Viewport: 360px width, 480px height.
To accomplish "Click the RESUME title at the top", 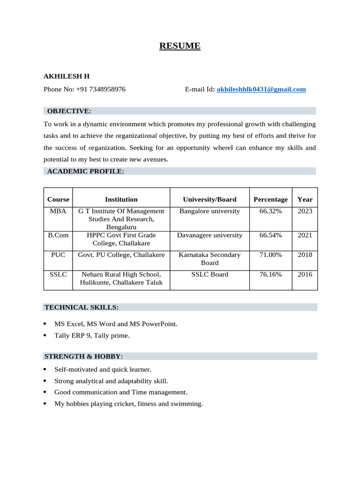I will pos(180,46).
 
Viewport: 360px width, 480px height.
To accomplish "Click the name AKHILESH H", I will pos(67,75).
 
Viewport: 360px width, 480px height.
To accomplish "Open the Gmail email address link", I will pos(261,89).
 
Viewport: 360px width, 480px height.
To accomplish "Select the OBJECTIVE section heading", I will pos(69,111).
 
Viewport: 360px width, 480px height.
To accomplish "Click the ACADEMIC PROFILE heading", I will pos(85,171).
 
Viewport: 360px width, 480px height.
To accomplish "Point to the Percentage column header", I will pos(270,199).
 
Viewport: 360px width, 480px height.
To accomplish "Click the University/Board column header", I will pos(210,199).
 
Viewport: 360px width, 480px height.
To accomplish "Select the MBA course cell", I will pos(58,211).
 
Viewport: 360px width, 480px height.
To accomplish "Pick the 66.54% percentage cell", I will pos(270,235).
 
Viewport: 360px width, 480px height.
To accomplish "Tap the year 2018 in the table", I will pos(305,255).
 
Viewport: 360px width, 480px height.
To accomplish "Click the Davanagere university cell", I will pos(210,235).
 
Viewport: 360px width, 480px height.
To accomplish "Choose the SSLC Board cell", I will pos(210,275).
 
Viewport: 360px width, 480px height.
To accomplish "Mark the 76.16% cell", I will pos(270,275).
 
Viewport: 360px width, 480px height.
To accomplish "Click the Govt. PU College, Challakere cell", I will pos(121,255).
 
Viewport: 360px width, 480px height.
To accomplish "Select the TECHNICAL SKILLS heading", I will pos(82,307).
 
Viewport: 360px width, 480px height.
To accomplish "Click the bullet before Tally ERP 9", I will pos(45,336).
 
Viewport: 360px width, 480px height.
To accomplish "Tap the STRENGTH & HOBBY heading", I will pos(84,356).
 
